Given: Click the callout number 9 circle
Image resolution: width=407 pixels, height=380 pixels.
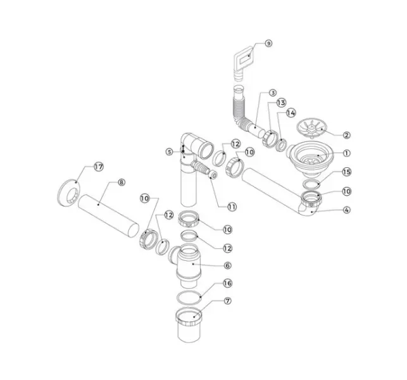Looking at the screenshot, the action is (268, 43).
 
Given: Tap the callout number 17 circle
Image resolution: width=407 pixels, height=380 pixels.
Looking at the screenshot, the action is (99, 167).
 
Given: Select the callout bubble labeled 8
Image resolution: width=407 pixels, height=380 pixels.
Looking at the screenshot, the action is (122, 182).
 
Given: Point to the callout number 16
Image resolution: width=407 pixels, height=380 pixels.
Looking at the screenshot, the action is (227, 283).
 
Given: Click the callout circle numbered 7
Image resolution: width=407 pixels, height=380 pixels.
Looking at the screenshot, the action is (227, 301).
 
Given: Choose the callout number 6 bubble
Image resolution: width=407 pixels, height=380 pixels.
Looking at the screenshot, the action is (227, 265).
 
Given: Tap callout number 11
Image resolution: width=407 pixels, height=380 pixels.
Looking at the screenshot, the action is (232, 206).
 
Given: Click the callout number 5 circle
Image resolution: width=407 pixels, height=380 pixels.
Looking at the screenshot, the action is (170, 152).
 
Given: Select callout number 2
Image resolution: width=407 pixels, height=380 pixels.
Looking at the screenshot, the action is (346, 135).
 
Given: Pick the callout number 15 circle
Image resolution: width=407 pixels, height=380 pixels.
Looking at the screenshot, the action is (346, 172).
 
